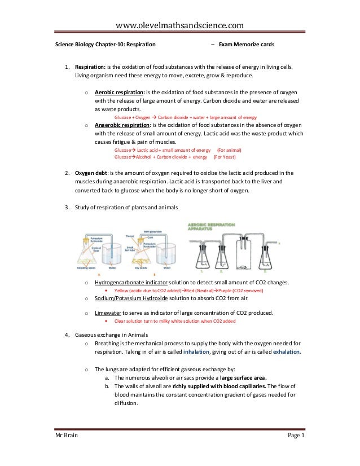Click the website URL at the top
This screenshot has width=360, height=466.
pyautogui.click(x=179, y=24)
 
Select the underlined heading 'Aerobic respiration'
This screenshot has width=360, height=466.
pyautogui.click(x=119, y=91)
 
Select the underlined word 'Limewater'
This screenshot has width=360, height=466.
pyautogui.click(x=107, y=313)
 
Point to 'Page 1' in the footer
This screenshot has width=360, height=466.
pyautogui.click(x=295, y=451)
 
